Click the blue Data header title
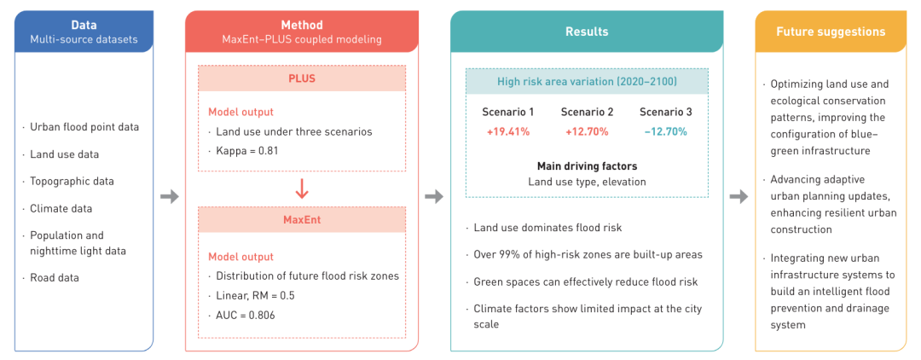(x=84, y=26)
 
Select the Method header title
(x=302, y=26)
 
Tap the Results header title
(x=587, y=32)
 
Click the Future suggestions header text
(x=830, y=32)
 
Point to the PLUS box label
(x=302, y=78)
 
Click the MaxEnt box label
(x=302, y=221)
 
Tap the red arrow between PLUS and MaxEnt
(x=302, y=188)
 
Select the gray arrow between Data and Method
(x=170, y=196)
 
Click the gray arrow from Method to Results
(x=434, y=196)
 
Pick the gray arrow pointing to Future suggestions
(x=739, y=196)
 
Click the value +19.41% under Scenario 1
(x=507, y=131)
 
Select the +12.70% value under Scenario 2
(x=587, y=131)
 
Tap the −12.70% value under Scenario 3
(x=665, y=131)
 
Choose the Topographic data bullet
(x=72, y=181)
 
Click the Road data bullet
(x=55, y=277)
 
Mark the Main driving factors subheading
(x=587, y=166)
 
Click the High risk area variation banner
(x=587, y=82)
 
